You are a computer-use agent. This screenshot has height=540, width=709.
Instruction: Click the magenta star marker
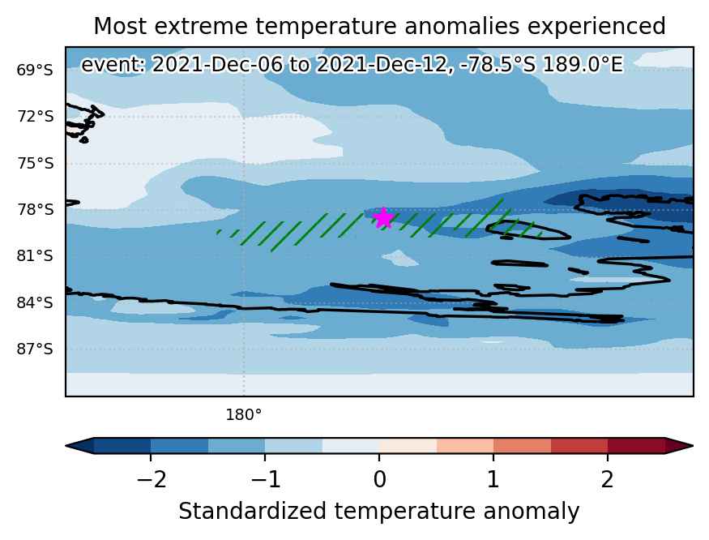click(x=383, y=218)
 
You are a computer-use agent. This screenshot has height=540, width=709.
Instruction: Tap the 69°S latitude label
click(x=35, y=71)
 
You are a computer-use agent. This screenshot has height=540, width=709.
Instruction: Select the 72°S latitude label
click(x=36, y=117)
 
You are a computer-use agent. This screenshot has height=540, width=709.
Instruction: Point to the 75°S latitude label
click(x=36, y=164)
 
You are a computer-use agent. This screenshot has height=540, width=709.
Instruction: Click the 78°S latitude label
click(x=36, y=210)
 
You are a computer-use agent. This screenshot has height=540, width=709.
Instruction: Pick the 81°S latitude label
click(x=35, y=256)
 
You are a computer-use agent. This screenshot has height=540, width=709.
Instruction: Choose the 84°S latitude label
click(x=35, y=302)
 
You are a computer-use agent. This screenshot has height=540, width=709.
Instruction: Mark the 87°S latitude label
click(x=35, y=349)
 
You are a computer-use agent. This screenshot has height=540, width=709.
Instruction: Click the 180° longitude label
click(x=244, y=414)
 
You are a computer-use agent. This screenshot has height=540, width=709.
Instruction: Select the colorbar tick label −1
click(x=266, y=479)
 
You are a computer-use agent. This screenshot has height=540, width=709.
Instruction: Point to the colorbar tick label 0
click(x=380, y=479)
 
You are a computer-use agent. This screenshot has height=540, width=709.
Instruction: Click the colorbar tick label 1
click(x=493, y=479)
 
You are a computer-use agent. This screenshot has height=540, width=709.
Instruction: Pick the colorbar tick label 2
click(x=607, y=479)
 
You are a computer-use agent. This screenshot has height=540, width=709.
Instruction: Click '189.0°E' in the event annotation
click(x=583, y=65)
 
